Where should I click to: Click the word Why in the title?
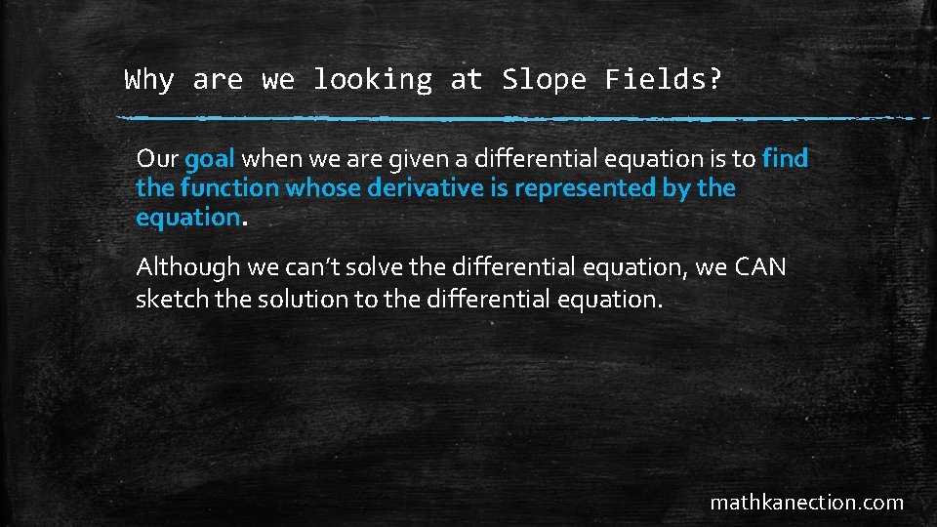[149, 80]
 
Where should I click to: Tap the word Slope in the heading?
[544, 80]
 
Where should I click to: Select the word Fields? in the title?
[664, 80]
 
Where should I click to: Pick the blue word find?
[786, 158]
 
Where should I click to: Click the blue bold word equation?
[187, 218]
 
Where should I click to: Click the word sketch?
[172, 299]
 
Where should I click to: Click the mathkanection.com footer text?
[806, 504]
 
